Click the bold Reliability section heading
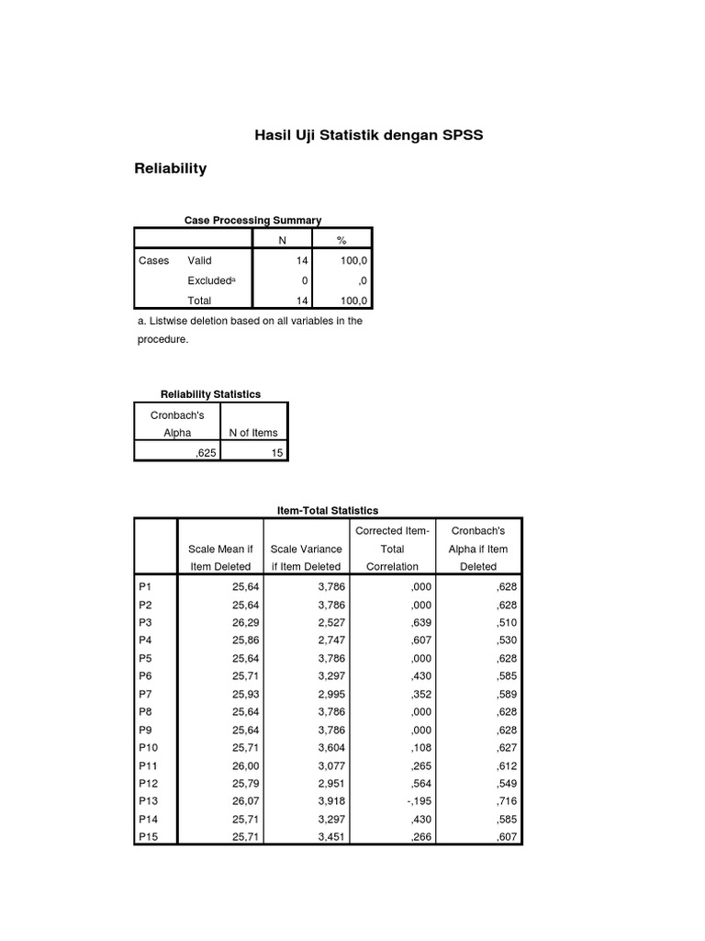171,168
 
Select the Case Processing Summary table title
252,221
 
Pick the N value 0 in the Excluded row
304,280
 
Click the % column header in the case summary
341,240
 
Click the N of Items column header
252,433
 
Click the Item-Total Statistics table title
328,510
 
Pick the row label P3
147,623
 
